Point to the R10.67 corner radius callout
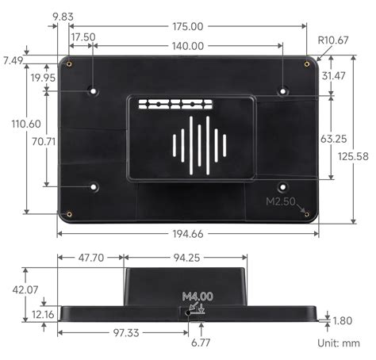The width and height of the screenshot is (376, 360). [333, 40]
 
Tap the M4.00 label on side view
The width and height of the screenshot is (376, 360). [194, 297]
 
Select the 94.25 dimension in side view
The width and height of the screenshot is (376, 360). [186, 258]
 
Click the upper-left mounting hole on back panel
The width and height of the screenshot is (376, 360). [94, 90]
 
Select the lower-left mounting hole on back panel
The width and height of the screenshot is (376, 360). [94, 188]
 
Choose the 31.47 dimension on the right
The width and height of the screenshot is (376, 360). [334, 75]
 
